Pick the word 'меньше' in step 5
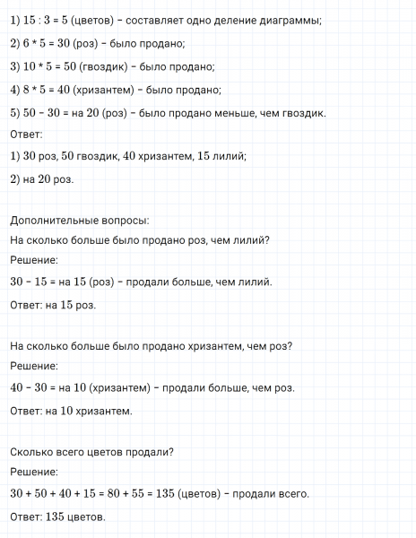[247, 113]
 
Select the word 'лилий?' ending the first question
[252, 239]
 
